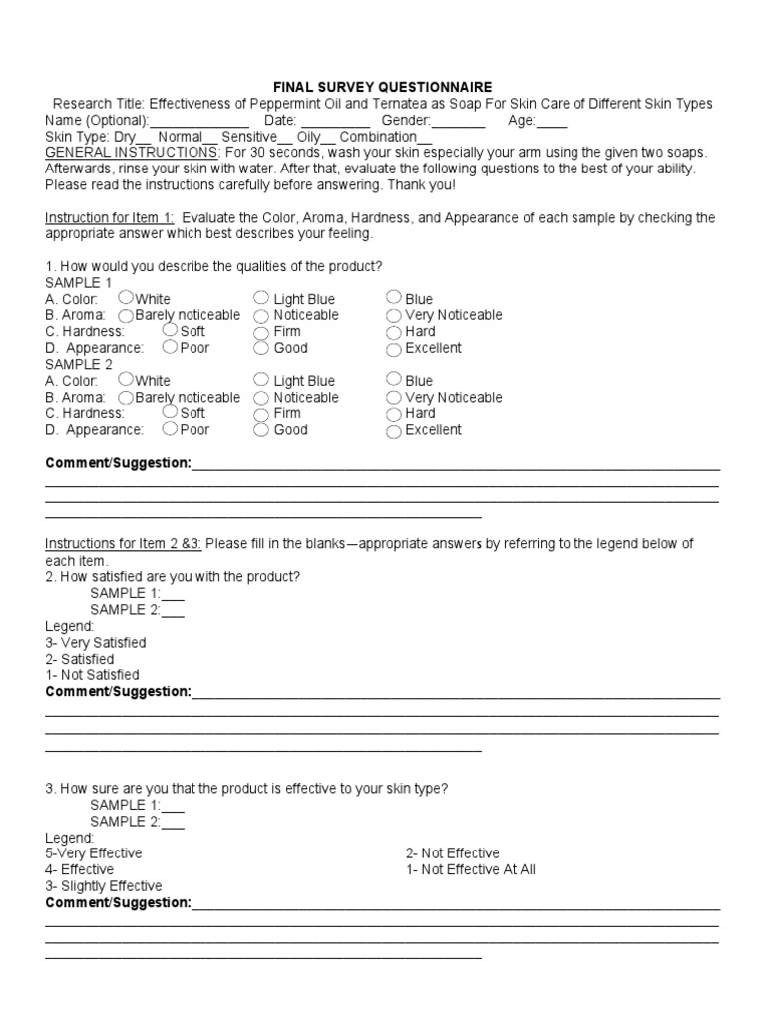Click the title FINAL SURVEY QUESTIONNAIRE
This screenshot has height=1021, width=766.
pyautogui.click(x=383, y=88)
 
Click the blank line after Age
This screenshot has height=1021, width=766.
pyautogui.click(x=552, y=121)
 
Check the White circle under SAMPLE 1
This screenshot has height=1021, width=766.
pyautogui.click(x=126, y=297)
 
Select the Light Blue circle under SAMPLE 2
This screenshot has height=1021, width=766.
pyautogui.click(x=261, y=379)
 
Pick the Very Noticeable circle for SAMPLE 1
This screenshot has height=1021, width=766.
pyautogui.click(x=394, y=315)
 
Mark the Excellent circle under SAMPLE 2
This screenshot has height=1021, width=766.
pyautogui.click(x=394, y=431)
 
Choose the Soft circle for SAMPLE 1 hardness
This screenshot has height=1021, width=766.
pyautogui.click(x=171, y=330)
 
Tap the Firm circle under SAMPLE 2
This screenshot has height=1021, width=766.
pyautogui.click(x=261, y=413)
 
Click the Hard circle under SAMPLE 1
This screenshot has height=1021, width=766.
pyautogui.click(x=394, y=331)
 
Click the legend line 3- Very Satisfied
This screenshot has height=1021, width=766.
pyautogui.click(x=96, y=643)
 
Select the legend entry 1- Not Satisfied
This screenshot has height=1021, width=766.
pyautogui.click(x=93, y=675)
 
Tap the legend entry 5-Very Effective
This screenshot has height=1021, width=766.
pyautogui.click(x=94, y=853)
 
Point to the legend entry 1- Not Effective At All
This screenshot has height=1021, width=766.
pyautogui.click(x=471, y=869)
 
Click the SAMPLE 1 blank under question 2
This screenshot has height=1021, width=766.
pyautogui.click(x=173, y=594)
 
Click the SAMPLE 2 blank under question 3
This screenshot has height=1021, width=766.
pyautogui.click(x=173, y=822)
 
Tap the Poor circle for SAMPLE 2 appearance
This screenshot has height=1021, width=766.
pyautogui.click(x=171, y=429)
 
